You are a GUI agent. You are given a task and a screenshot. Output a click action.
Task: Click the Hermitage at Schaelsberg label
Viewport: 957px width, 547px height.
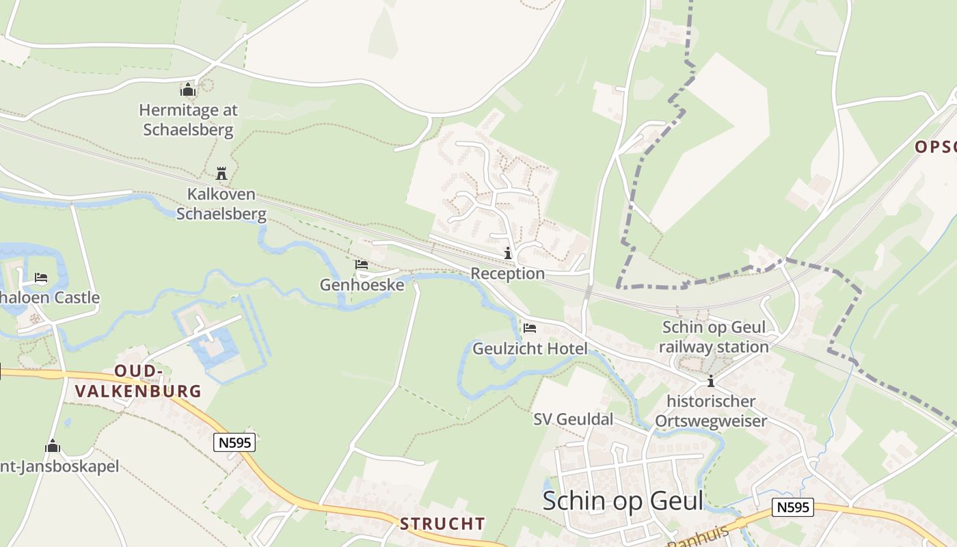coord(188,120)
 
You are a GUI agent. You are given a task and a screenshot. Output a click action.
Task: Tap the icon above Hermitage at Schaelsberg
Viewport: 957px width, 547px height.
coord(188,90)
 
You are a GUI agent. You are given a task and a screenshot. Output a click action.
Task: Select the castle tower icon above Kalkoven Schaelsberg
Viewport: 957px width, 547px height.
coord(221,173)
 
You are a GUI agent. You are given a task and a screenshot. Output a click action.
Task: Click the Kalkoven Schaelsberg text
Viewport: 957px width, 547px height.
coord(221,204)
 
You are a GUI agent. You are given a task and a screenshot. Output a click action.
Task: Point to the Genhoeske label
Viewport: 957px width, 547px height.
coord(362,284)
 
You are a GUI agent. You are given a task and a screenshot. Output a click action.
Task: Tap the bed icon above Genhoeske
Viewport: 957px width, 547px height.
coord(362,265)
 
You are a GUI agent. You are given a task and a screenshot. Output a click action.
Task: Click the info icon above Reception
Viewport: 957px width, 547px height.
coord(507,254)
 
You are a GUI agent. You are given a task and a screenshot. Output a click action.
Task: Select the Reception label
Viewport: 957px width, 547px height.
coord(507,273)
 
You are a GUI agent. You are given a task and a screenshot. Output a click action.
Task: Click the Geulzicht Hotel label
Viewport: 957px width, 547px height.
coord(530,349)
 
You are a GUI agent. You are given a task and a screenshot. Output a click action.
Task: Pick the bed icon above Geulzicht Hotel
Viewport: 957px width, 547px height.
coord(530,328)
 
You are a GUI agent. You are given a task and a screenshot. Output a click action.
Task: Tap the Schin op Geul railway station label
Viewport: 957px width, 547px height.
coord(714,337)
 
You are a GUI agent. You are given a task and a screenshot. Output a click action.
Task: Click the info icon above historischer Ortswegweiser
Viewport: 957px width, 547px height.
coord(711,382)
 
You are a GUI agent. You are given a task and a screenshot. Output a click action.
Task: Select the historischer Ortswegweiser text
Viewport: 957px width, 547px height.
coord(711,411)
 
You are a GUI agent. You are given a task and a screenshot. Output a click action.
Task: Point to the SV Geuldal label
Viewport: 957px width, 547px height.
coord(574,419)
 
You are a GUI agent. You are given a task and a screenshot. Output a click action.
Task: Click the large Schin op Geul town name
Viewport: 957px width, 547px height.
coord(623,501)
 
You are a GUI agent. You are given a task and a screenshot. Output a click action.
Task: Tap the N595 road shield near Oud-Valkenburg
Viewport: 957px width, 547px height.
coord(234,443)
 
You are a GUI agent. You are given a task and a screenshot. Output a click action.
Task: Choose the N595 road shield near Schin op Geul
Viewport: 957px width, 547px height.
coord(793,507)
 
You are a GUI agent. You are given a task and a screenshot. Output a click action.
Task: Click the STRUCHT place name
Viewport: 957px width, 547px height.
coord(442,524)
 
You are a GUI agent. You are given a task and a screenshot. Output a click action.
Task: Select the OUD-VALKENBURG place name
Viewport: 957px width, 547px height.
coord(139,381)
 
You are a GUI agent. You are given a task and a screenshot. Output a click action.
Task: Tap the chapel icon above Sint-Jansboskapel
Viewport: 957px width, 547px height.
coord(53,447)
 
